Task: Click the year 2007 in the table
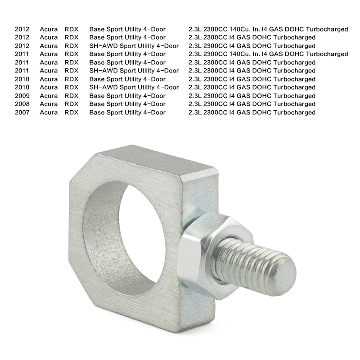point(22,112)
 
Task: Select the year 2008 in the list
point(22,104)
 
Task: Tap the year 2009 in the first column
point(22,96)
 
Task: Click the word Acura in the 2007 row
point(49,112)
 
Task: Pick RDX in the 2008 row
point(72,104)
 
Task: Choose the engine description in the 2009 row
point(252,96)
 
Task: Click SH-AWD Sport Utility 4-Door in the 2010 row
point(134,87)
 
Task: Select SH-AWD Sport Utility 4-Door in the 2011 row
point(134,71)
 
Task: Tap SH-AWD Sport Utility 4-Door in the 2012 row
point(134,46)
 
